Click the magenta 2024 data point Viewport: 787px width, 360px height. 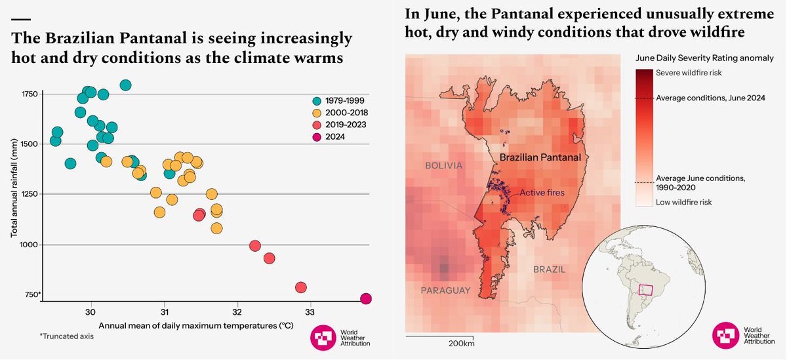(x=366, y=299)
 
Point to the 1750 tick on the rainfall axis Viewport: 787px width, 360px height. (x=30, y=94)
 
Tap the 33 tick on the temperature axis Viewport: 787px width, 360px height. (x=310, y=311)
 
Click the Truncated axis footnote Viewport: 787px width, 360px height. (x=67, y=336)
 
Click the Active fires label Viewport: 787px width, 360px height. (x=542, y=193)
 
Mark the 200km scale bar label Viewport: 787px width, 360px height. (x=461, y=344)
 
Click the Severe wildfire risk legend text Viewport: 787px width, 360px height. (x=689, y=73)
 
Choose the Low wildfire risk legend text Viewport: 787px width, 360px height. (x=684, y=202)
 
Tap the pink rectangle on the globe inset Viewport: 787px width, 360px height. (x=646, y=290)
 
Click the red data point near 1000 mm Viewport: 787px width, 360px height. (x=255, y=246)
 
